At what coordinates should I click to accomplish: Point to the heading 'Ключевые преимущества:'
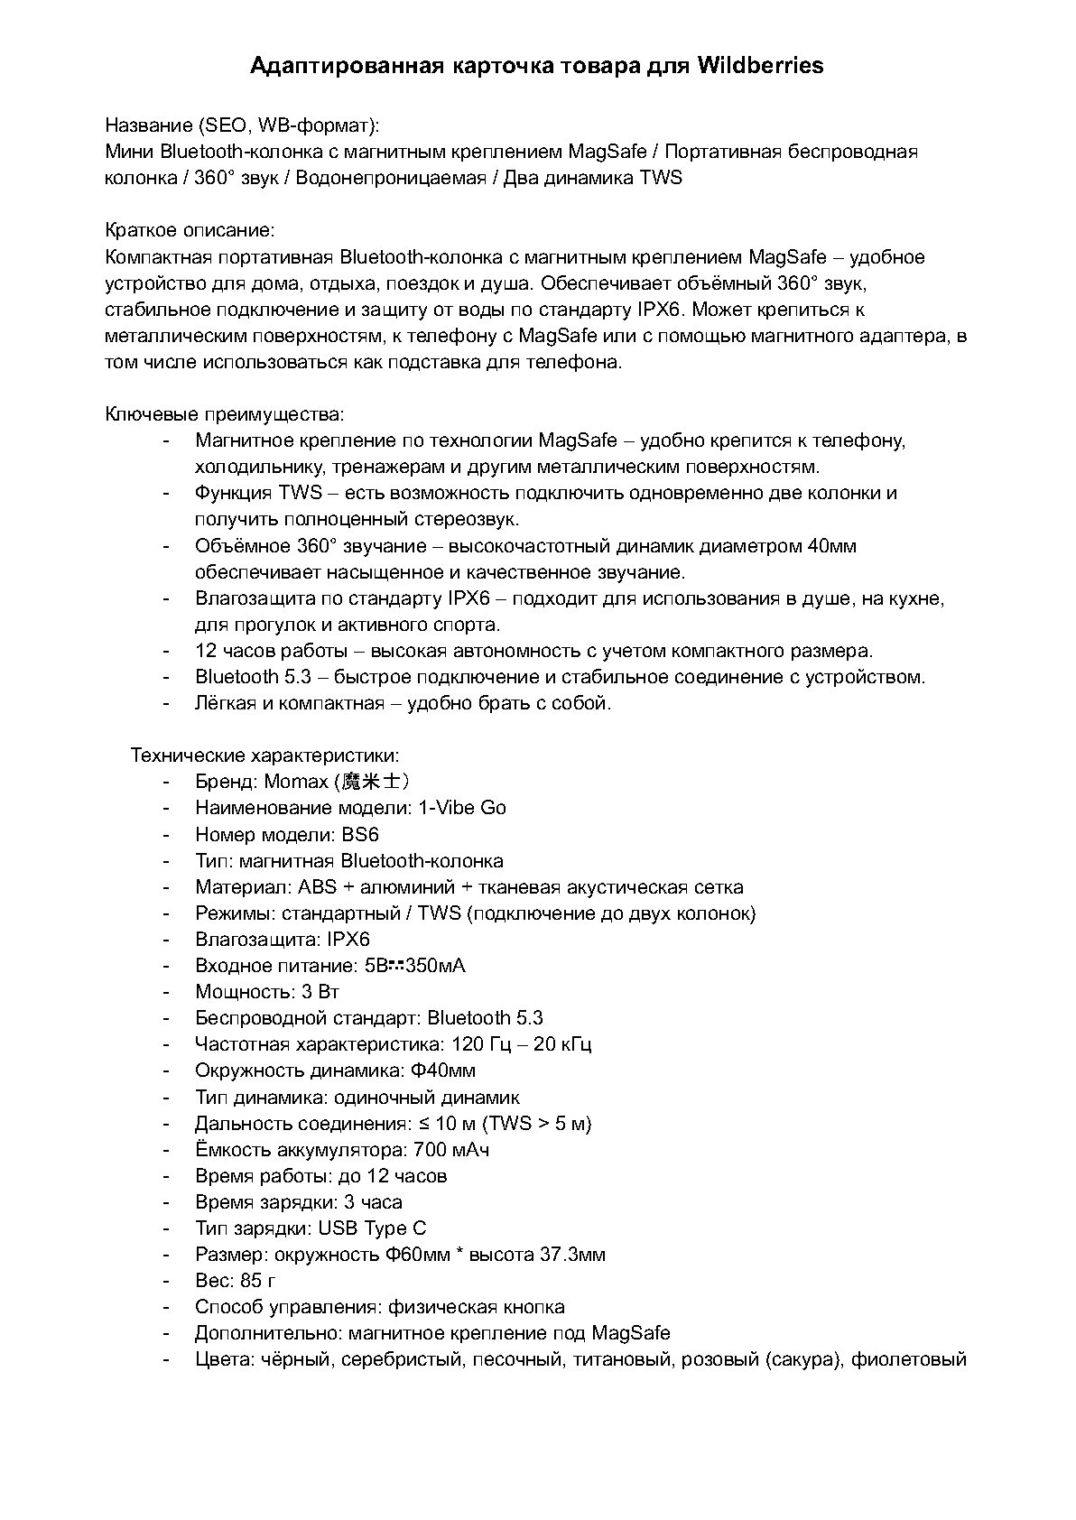tap(225, 414)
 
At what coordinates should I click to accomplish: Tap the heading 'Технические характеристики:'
tap(264, 755)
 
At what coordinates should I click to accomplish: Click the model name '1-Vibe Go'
tap(462, 807)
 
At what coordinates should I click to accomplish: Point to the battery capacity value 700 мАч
tap(451, 1149)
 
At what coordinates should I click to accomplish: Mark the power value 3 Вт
tap(320, 991)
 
